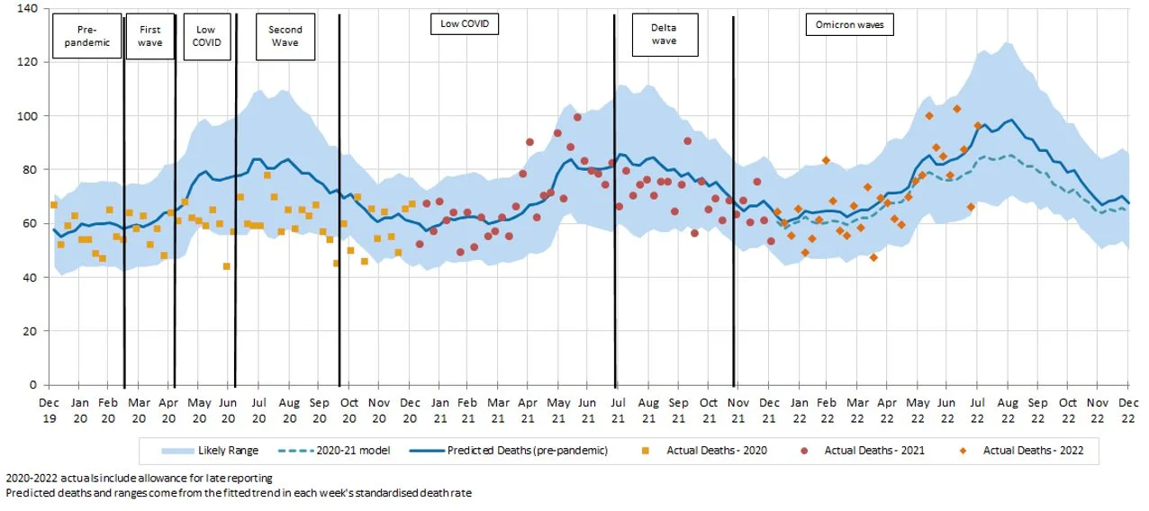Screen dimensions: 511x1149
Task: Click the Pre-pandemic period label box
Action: (86, 36)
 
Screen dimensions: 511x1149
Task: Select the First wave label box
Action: (149, 36)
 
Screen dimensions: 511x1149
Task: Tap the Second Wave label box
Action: (285, 36)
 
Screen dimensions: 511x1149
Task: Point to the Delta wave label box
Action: (664, 34)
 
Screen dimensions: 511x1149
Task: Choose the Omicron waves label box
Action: (848, 24)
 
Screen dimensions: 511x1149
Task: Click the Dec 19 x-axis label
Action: (50, 410)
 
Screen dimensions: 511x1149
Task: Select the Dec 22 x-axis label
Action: (1128, 410)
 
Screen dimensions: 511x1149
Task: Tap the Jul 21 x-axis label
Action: (617, 410)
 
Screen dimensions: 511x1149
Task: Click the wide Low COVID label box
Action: (464, 24)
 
